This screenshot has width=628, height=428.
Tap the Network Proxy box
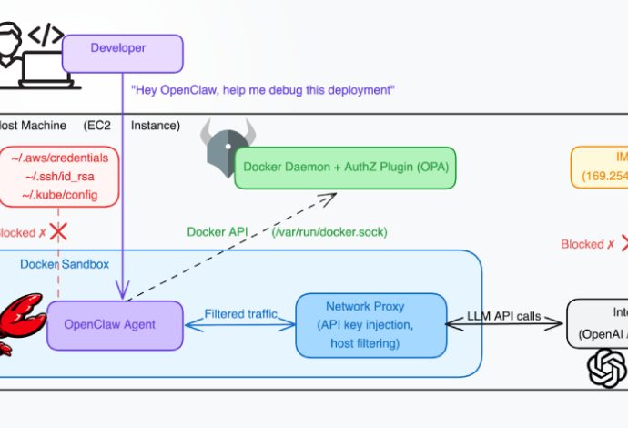pyautogui.click(x=371, y=324)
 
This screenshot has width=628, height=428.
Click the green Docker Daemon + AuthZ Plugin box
pyautogui.click(x=345, y=168)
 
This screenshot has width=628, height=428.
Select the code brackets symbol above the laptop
pyautogui.click(x=46, y=36)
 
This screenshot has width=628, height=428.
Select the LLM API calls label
pyautogui.click(x=503, y=316)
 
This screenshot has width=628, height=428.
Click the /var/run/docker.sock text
pyautogui.click(x=329, y=232)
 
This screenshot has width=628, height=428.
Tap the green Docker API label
pyautogui.click(x=218, y=232)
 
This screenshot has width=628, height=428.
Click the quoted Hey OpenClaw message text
pyautogui.click(x=262, y=90)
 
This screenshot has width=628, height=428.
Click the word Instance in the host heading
pyautogui.click(x=156, y=125)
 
